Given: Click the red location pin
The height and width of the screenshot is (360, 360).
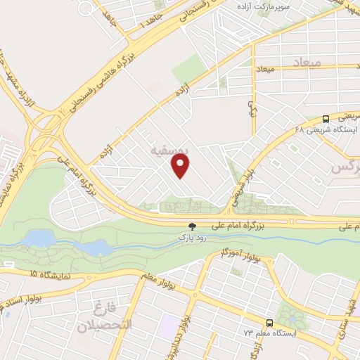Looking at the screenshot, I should [x=181, y=165].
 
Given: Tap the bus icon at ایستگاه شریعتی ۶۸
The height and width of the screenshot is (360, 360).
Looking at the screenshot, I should [x=325, y=119].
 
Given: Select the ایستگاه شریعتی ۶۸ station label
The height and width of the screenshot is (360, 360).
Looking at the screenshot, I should [x=335, y=130].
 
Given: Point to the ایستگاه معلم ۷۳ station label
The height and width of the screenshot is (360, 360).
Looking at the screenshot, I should [x=257, y=332].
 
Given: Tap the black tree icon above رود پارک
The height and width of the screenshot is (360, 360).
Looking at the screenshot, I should [x=191, y=226].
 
